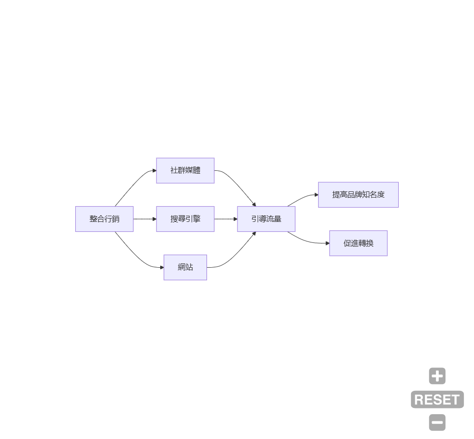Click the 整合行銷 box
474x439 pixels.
pyautogui.click(x=104, y=219)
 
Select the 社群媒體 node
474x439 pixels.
pyautogui.click(x=185, y=170)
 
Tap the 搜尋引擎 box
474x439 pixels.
pyautogui.click(x=185, y=219)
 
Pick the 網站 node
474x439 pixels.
pyautogui.click(x=185, y=267)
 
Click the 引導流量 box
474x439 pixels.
pyautogui.click(x=266, y=219)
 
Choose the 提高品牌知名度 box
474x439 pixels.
pyautogui.click(x=358, y=195)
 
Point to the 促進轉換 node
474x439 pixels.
pyautogui.click(x=358, y=243)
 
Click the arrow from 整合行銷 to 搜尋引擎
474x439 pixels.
pyautogui.click(x=144, y=219)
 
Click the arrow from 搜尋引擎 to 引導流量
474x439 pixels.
pyautogui.click(x=226, y=219)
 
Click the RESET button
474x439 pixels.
pyautogui.click(x=437, y=399)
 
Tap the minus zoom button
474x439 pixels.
pyautogui.click(x=437, y=423)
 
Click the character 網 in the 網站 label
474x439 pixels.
pyautogui.click(x=182, y=267)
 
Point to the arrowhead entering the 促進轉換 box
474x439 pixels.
pyautogui.click(x=327, y=243)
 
